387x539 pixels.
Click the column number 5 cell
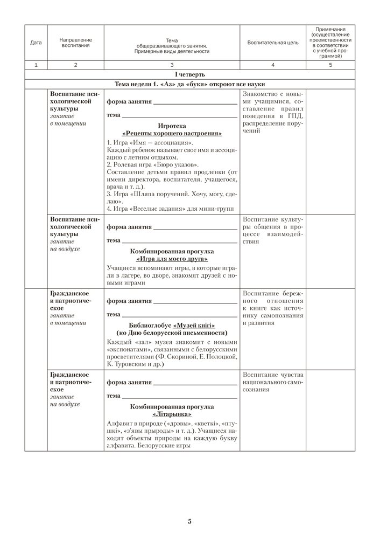[330, 65]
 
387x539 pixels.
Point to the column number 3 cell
[172, 65]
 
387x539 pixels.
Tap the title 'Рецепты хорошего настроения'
[172, 133]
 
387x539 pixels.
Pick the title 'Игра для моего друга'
[172, 259]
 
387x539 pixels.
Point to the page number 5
[190, 521]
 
